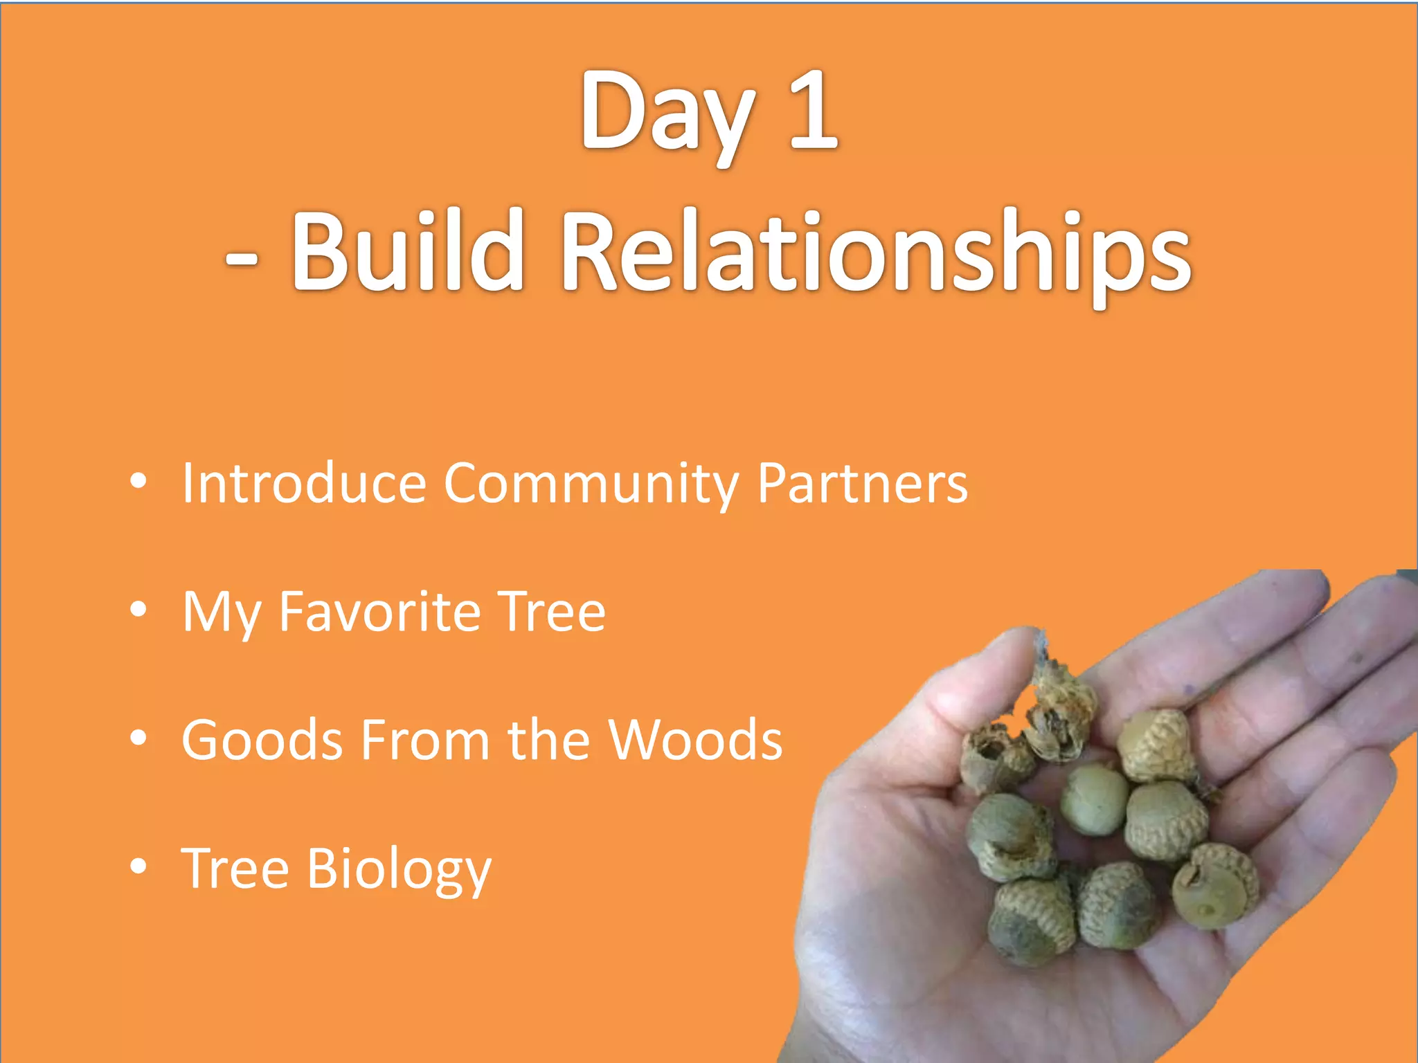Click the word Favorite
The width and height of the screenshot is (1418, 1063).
point(379,612)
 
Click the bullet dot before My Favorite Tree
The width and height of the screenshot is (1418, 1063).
point(138,610)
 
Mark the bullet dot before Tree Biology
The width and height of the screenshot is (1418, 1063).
point(138,866)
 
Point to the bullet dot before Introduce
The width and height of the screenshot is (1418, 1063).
point(138,481)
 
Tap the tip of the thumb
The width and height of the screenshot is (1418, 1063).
point(1018,644)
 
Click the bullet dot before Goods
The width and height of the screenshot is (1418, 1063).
point(138,738)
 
